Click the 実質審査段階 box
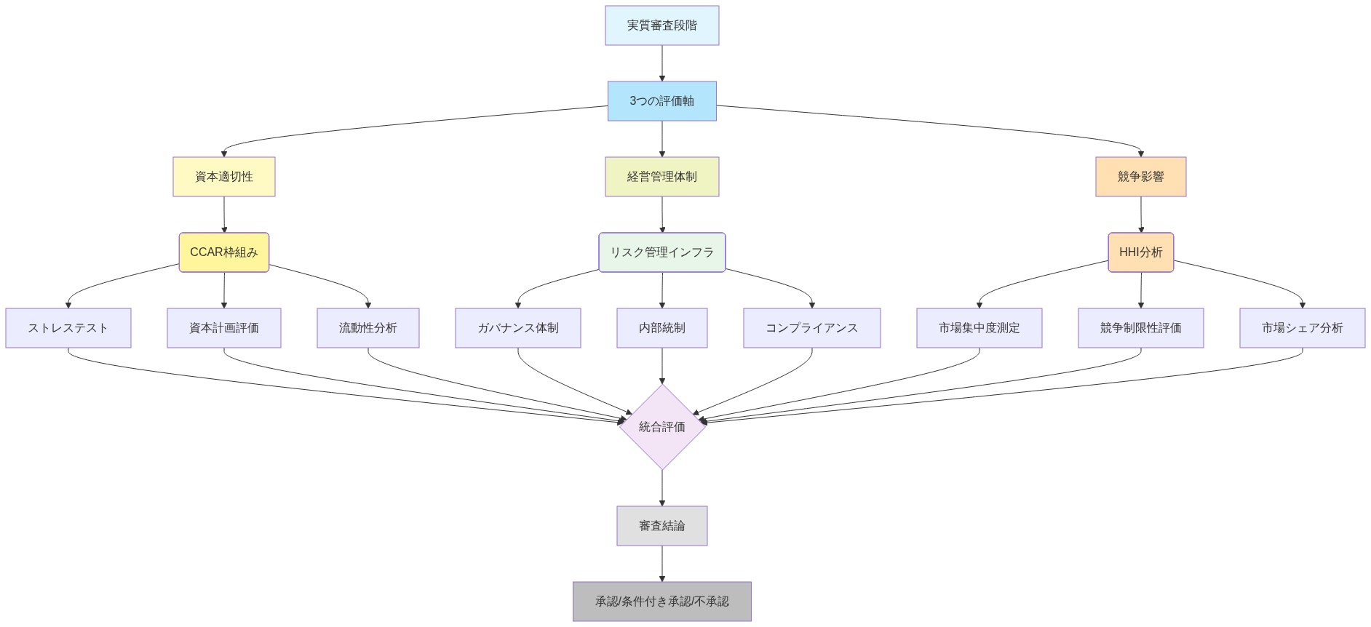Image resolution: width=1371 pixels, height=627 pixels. tap(661, 25)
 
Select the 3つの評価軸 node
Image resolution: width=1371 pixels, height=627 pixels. tap(661, 101)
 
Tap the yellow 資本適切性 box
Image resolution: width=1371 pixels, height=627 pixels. tap(224, 177)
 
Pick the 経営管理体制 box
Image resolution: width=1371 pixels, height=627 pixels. tap(661, 177)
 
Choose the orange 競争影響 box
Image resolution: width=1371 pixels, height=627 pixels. tap(1140, 177)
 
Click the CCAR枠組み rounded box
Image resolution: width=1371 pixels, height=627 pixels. tap(224, 252)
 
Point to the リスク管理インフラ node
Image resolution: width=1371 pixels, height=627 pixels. tap(661, 252)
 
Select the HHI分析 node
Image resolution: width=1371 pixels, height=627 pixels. tap(1140, 252)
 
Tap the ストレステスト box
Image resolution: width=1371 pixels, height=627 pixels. tap(68, 328)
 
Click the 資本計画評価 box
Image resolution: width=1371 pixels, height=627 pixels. tap(224, 328)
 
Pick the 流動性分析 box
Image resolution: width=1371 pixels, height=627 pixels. tap(368, 328)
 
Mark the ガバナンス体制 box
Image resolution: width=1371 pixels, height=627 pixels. tap(518, 328)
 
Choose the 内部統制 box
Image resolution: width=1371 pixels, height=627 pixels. tap(661, 328)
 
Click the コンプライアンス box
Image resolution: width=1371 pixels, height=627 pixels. tap(811, 328)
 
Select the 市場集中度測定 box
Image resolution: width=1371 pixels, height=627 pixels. tap(979, 328)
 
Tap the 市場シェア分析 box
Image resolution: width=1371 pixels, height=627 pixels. tap(1302, 328)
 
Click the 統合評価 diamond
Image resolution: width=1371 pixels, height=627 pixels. tap(661, 427)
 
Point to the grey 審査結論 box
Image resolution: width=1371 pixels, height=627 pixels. tap(661, 526)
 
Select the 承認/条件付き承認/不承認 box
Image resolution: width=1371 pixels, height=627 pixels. tap(661, 602)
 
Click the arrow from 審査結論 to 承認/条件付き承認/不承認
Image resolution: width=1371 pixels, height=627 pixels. tap(662, 564)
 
